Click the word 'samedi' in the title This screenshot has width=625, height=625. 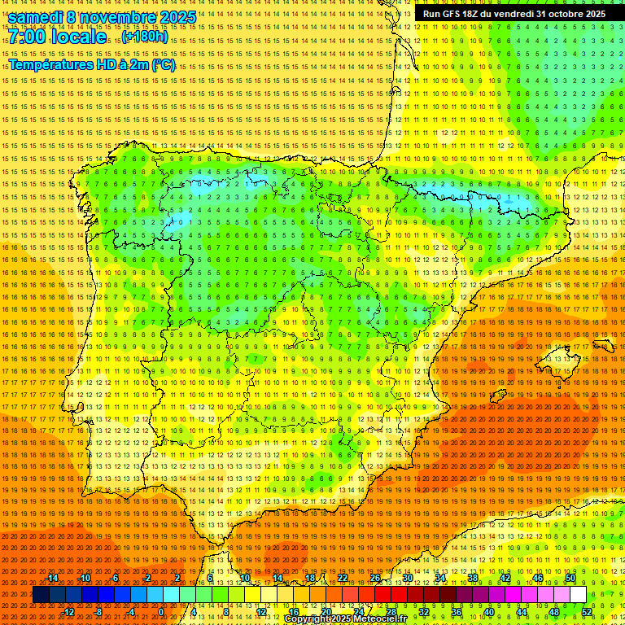click(36, 17)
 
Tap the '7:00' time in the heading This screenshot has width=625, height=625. click(29, 37)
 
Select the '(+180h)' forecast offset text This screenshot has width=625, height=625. click(146, 37)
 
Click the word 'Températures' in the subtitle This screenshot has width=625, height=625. click(50, 64)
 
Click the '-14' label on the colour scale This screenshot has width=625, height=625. click(52, 578)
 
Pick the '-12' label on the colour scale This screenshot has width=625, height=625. click(68, 612)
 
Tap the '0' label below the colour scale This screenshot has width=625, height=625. click(162, 612)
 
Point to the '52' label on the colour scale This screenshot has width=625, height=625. click(587, 612)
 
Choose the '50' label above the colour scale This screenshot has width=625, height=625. click(570, 578)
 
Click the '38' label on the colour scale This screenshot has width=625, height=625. click(473, 578)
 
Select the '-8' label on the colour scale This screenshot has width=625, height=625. click(100, 612)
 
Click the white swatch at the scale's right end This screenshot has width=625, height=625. click(578, 595)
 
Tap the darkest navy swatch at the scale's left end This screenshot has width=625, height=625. click(41, 595)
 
